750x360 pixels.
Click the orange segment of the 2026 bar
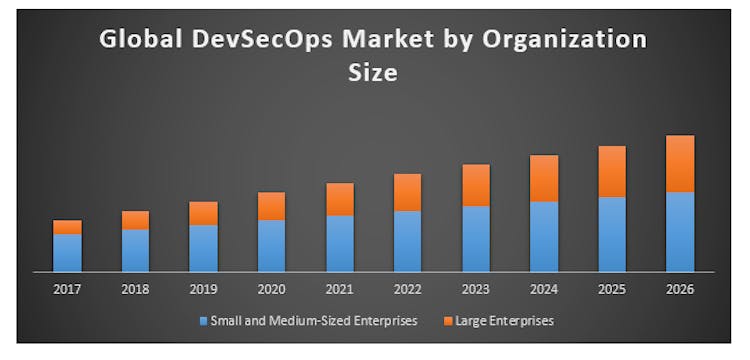tap(680, 163)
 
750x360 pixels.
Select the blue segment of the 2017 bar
tap(67, 252)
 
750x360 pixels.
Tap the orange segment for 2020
tap(271, 206)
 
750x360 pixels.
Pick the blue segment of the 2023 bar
tap(476, 238)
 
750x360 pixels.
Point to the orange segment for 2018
tap(135, 220)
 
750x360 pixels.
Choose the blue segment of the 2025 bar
tap(612, 234)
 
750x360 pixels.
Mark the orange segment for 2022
tap(408, 192)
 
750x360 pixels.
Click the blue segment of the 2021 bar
tap(340, 243)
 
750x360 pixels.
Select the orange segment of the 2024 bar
tap(544, 178)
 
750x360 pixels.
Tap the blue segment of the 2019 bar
tap(203, 248)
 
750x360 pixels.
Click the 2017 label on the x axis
tap(67, 289)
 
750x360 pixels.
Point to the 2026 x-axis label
tap(680, 289)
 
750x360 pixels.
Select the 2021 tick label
tap(340, 289)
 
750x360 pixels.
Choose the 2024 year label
tap(544, 289)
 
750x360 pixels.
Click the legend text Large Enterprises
tap(504, 321)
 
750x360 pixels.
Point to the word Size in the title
tap(374, 72)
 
